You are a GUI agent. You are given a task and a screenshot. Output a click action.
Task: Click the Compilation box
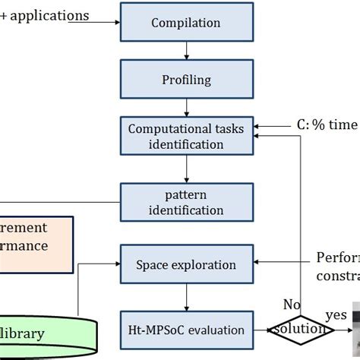(186, 22)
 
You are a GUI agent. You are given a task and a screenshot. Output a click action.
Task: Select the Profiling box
(186, 79)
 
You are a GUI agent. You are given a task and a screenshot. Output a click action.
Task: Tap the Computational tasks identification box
(186, 137)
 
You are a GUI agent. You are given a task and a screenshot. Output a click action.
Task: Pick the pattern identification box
(186, 201)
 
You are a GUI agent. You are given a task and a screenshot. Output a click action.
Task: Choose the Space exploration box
(186, 265)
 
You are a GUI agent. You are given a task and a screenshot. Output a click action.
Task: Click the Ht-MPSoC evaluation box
(186, 330)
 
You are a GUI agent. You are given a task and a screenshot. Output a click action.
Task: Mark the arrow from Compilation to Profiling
(186, 50)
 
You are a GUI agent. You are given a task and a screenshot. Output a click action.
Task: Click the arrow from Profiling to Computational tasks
(186, 107)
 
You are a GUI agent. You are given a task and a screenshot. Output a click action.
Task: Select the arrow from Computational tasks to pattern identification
(186, 169)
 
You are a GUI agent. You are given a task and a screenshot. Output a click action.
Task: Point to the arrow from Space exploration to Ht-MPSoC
(186, 298)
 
